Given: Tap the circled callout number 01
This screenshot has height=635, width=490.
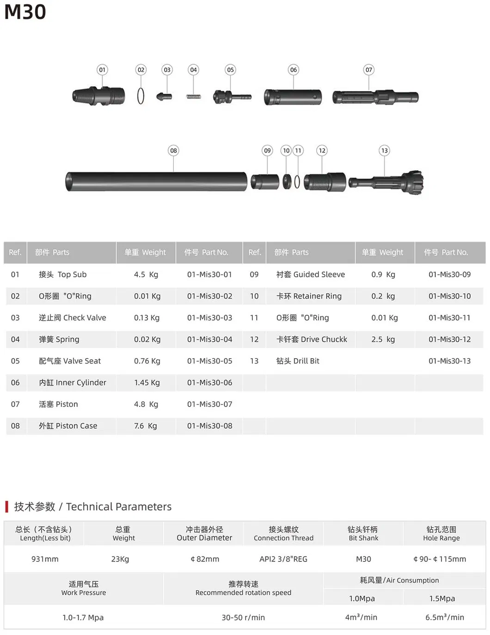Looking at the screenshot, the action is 102,70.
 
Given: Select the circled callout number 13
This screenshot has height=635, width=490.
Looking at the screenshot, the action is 384,150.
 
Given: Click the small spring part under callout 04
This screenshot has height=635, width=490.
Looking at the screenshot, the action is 194,97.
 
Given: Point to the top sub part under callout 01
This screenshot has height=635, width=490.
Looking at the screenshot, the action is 98,96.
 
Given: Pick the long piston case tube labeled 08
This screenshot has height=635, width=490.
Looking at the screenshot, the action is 156,181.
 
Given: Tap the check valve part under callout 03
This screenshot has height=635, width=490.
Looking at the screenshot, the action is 164,96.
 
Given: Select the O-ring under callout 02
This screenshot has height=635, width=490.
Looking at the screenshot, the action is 141,96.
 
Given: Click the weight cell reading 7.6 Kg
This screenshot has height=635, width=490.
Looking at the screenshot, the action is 145,426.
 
